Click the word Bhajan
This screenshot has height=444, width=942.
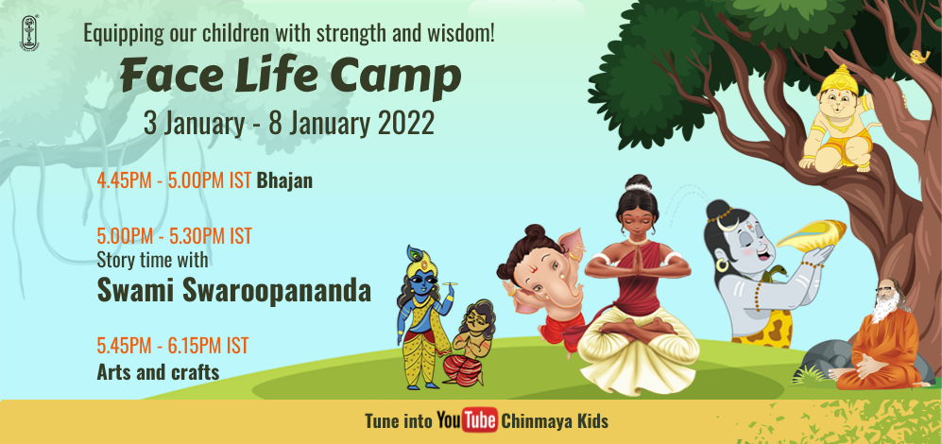tap(284, 180)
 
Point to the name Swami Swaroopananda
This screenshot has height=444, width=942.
tap(233, 291)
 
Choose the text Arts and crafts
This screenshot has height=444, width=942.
tap(158, 372)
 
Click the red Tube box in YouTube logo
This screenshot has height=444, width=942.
tap(480, 420)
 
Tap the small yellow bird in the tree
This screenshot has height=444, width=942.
tap(918, 57)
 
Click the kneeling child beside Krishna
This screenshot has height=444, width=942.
tap(469, 343)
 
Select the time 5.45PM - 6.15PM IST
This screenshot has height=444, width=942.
tap(172, 346)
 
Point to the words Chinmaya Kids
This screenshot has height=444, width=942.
tap(555, 420)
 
